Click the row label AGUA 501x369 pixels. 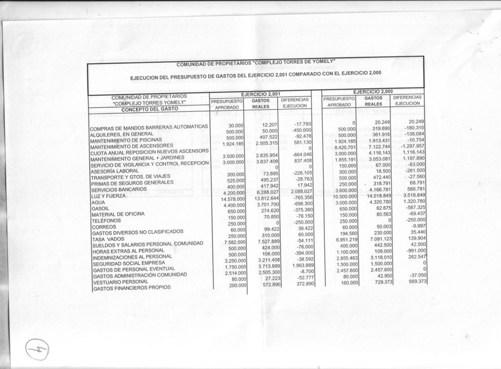point(98,202)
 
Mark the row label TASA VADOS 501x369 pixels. point(108,239)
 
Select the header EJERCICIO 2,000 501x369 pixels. point(373,91)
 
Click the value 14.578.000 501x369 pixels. point(233,199)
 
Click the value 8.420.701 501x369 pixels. point(345,148)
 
